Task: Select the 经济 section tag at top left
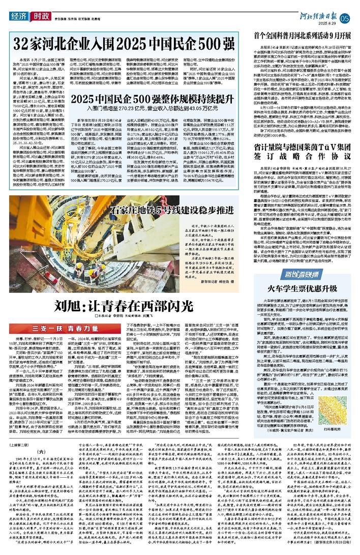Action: click(18, 16)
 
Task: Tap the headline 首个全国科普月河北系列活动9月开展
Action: click(304, 37)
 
